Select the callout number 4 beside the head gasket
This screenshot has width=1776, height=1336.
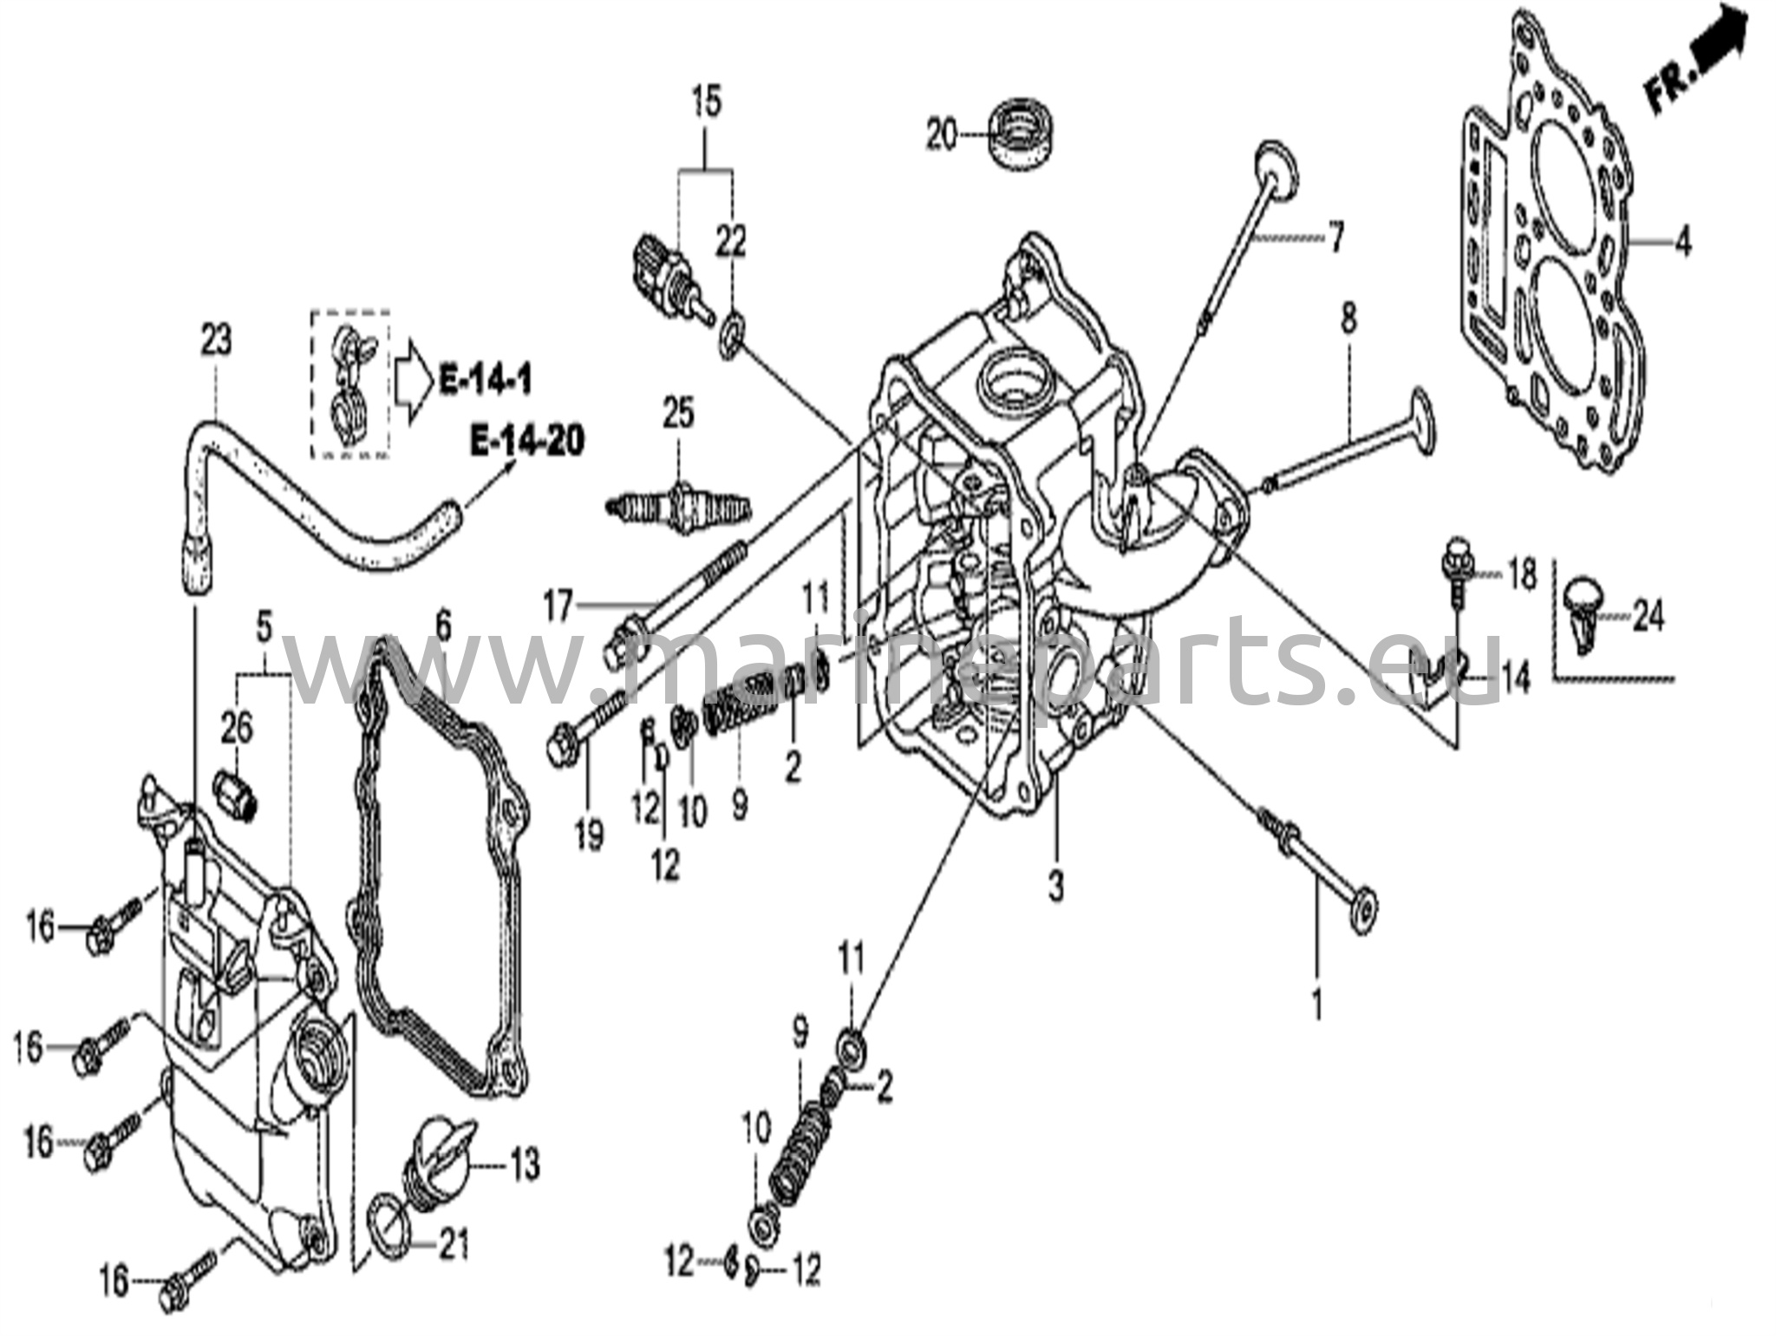click(1682, 243)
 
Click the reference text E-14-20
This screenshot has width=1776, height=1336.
click(526, 442)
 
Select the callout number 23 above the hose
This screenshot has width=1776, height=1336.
click(216, 340)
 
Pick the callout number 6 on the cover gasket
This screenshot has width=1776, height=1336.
click(443, 624)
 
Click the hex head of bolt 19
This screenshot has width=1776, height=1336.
click(561, 747)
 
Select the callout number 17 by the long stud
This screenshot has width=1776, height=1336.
click(558, 606)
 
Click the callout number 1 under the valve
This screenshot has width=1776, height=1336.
click(1317, 1005)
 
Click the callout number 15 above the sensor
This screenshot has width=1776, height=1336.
click(707, 102)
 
